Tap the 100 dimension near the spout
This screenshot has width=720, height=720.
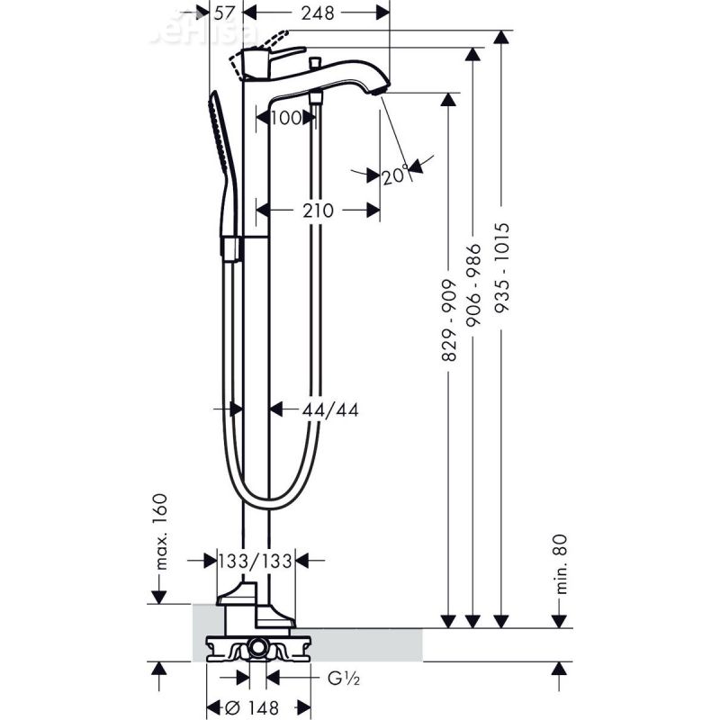[287, 117]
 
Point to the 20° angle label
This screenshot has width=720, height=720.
[394, 175]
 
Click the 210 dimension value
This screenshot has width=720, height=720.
[318, 211]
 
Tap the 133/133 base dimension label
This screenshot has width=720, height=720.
[256, 561]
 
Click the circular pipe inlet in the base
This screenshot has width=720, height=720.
[258, 646]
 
